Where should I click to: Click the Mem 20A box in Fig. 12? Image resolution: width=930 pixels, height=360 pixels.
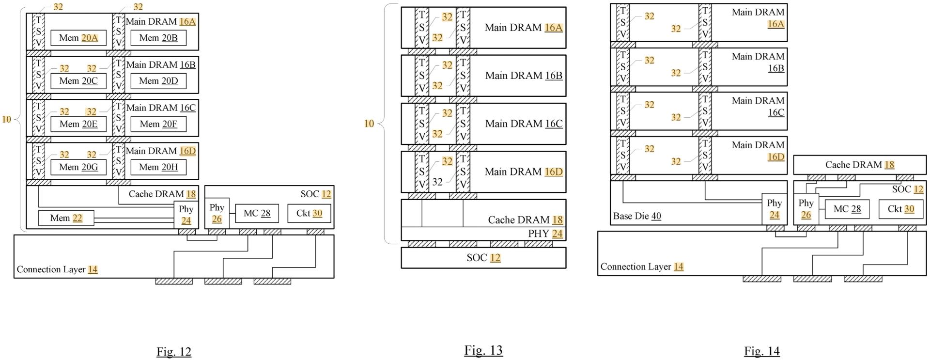pos(78,38)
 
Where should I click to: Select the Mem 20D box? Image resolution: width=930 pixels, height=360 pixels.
pos(158,81)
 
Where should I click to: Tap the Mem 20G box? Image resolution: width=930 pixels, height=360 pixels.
pos(78,167)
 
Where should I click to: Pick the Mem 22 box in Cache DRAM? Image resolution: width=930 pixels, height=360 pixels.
pos(66,218)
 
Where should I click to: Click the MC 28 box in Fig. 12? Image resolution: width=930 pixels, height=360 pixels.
pos(257,213)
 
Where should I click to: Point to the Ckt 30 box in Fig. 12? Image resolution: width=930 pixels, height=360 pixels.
pos(309,213)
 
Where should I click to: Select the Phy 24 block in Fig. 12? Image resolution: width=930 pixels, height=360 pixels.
pos(186,215)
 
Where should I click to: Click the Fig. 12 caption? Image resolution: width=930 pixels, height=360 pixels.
pos(174,351)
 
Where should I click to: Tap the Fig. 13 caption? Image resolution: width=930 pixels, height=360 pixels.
pos(483,350)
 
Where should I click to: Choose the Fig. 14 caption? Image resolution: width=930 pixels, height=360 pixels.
pos(762,351)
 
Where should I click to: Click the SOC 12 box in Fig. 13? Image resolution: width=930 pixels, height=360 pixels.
pos(483,258)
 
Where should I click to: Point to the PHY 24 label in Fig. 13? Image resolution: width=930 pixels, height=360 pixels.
pos(545,234)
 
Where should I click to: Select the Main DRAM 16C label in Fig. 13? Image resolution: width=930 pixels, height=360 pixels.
pos(524,124)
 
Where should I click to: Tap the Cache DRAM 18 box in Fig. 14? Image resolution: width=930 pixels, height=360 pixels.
pos(859,165)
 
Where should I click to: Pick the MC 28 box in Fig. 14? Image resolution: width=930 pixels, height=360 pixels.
pos(847,209)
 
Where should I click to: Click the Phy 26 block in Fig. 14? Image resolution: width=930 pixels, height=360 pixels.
pos(806,209)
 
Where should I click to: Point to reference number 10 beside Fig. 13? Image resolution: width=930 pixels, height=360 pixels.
pos(369,124)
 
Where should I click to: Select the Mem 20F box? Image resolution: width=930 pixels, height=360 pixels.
pos(158,124)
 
